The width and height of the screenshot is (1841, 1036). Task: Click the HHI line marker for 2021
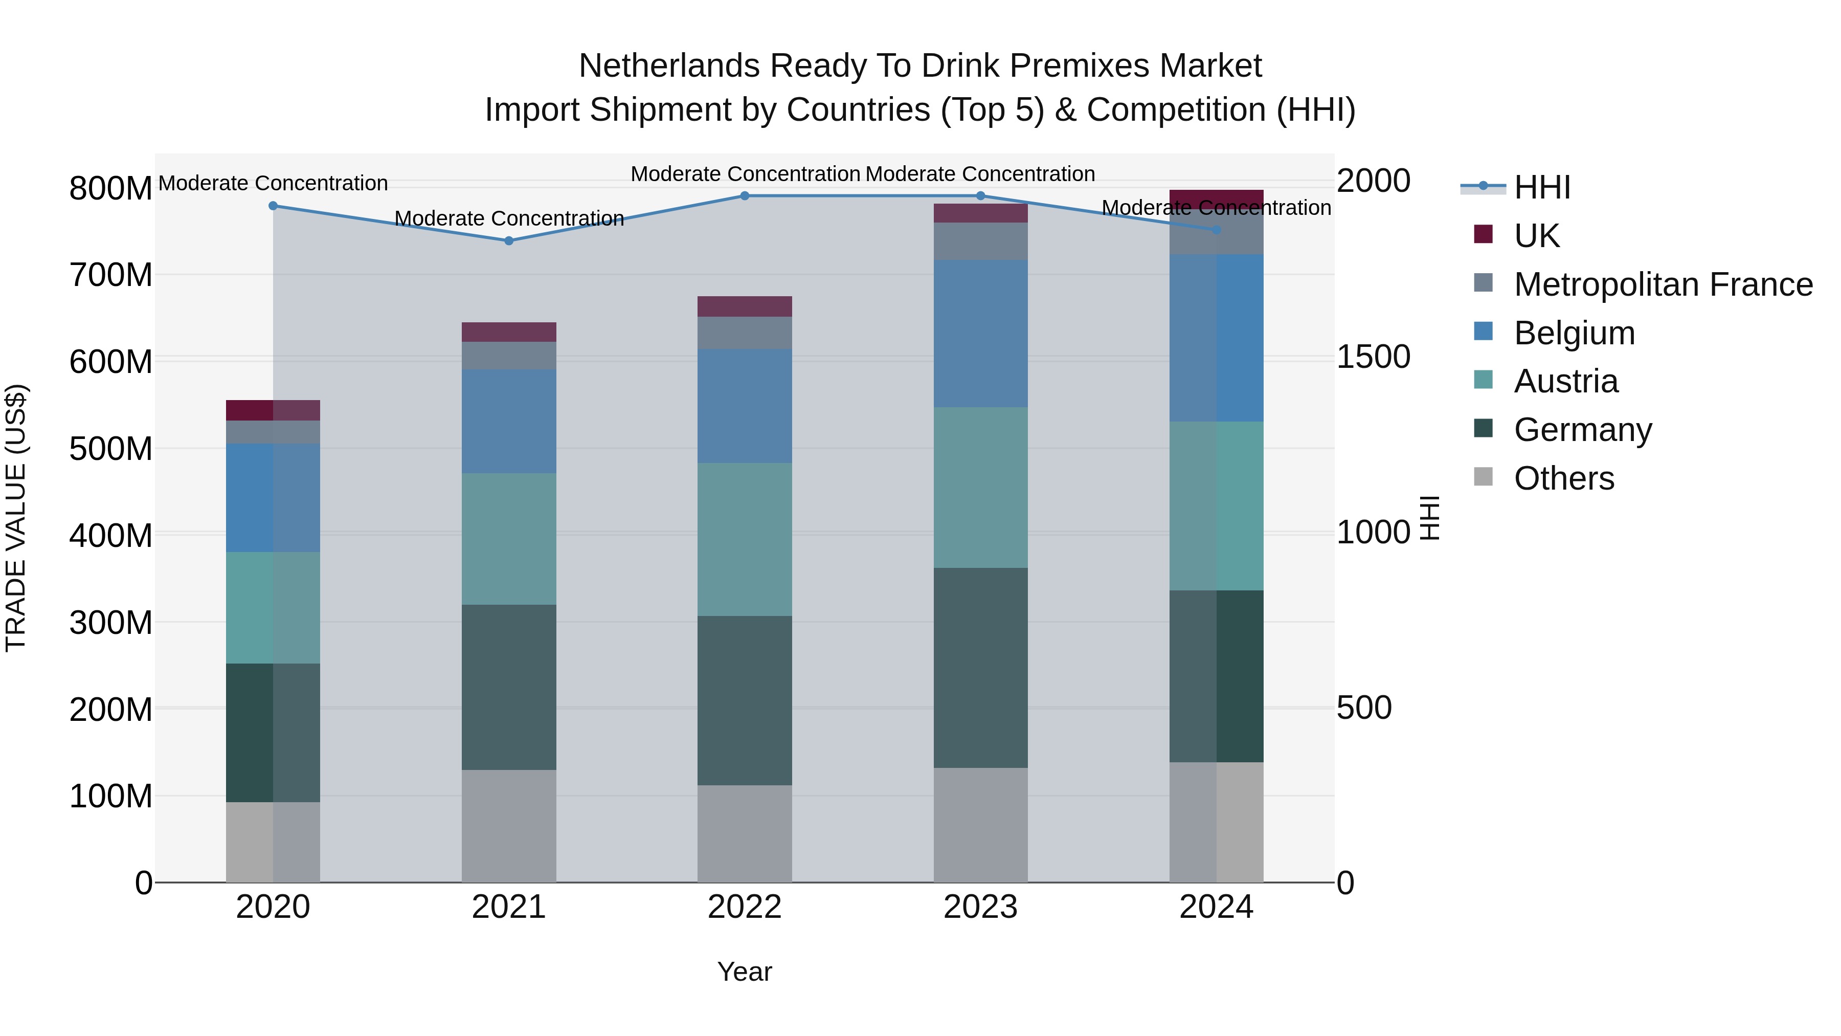[509, 241]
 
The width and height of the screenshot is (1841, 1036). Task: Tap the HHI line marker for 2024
[1217, 230]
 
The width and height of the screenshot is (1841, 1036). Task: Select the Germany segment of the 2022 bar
[744, 701]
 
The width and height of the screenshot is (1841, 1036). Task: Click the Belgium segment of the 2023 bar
[980, 334]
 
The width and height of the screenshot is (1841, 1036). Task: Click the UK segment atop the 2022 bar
[744, 306]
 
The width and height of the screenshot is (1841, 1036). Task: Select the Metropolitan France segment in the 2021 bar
[509, 356]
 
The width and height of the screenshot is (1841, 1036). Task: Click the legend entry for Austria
[1565, 381]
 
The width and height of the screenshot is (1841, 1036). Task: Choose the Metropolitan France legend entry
[1663, 284]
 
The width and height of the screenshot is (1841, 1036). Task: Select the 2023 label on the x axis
[980, 907]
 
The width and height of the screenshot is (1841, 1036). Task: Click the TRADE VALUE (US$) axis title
[16, 518]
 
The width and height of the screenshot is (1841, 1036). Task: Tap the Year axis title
[744, 972]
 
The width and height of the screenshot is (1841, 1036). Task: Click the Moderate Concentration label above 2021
[509, 218]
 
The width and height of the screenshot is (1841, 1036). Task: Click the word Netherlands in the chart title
[668, 66]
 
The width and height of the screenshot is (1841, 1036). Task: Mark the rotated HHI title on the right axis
[1429, 518]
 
